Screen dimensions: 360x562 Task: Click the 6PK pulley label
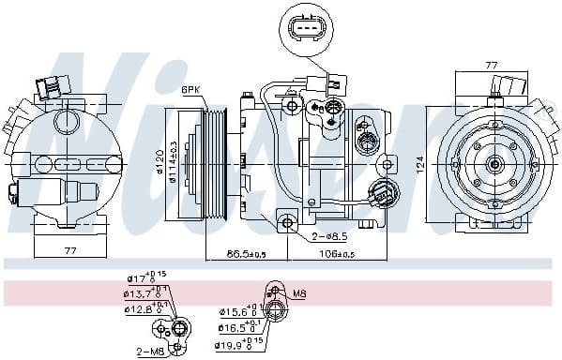point(192,89)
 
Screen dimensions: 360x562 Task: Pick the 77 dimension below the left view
point(71,251)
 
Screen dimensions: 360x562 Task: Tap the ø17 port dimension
point(140,278)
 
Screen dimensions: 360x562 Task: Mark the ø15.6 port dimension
point(235,312)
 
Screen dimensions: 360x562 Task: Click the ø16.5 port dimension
point(235,328)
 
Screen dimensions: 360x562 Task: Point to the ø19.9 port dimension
point(235,344)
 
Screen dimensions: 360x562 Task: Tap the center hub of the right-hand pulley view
point(495,165)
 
